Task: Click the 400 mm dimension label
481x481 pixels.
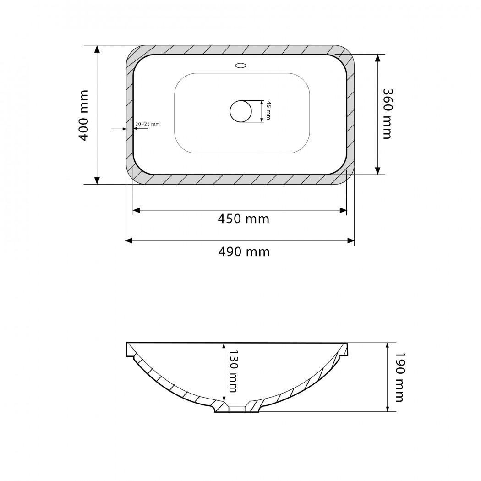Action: (84, 115)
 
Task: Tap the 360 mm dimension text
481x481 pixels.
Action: (388, 114)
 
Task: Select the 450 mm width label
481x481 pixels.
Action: (244, 219)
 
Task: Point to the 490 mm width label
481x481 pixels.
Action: (244, 252)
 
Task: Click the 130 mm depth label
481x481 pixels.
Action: (233, 372)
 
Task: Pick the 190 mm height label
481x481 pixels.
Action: (399, 377)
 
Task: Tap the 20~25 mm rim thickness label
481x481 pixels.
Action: (148, 124)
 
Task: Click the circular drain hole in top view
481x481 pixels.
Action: (241, 111)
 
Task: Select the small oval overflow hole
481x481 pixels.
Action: (240, 66)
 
